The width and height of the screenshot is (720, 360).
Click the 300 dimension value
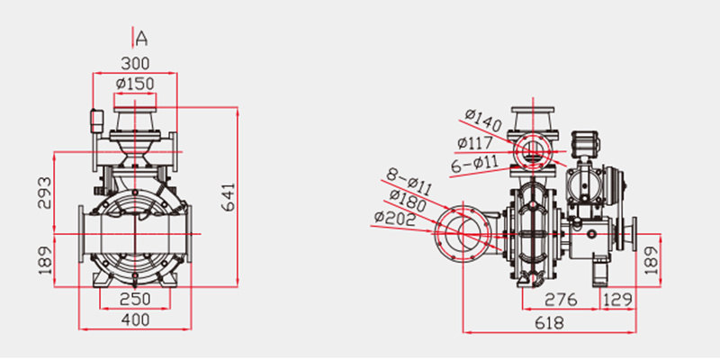point(135,63)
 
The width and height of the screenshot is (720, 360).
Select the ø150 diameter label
point(135,84)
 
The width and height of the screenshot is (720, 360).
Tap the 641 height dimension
point(229,197)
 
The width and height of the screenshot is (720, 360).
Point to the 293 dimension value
point(44,193)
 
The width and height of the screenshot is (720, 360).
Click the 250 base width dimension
point(135,299)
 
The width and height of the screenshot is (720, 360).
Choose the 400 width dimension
point(135,319)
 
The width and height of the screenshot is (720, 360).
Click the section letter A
point(142,39)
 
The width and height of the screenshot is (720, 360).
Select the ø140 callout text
point(483,121)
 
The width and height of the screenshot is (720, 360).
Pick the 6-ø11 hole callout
point(474,164)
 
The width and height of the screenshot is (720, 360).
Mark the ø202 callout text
point(395,219)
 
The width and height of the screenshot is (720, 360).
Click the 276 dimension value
point(561,300)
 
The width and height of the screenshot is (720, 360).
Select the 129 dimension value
point(618,300)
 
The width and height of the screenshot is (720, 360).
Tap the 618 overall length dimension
point(549,323)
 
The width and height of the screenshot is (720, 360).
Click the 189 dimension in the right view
point(651,260)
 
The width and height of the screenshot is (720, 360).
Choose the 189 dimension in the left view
point(44,261)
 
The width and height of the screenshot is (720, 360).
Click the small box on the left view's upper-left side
point(96,121)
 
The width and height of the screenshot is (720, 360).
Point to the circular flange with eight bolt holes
point(463,232)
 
